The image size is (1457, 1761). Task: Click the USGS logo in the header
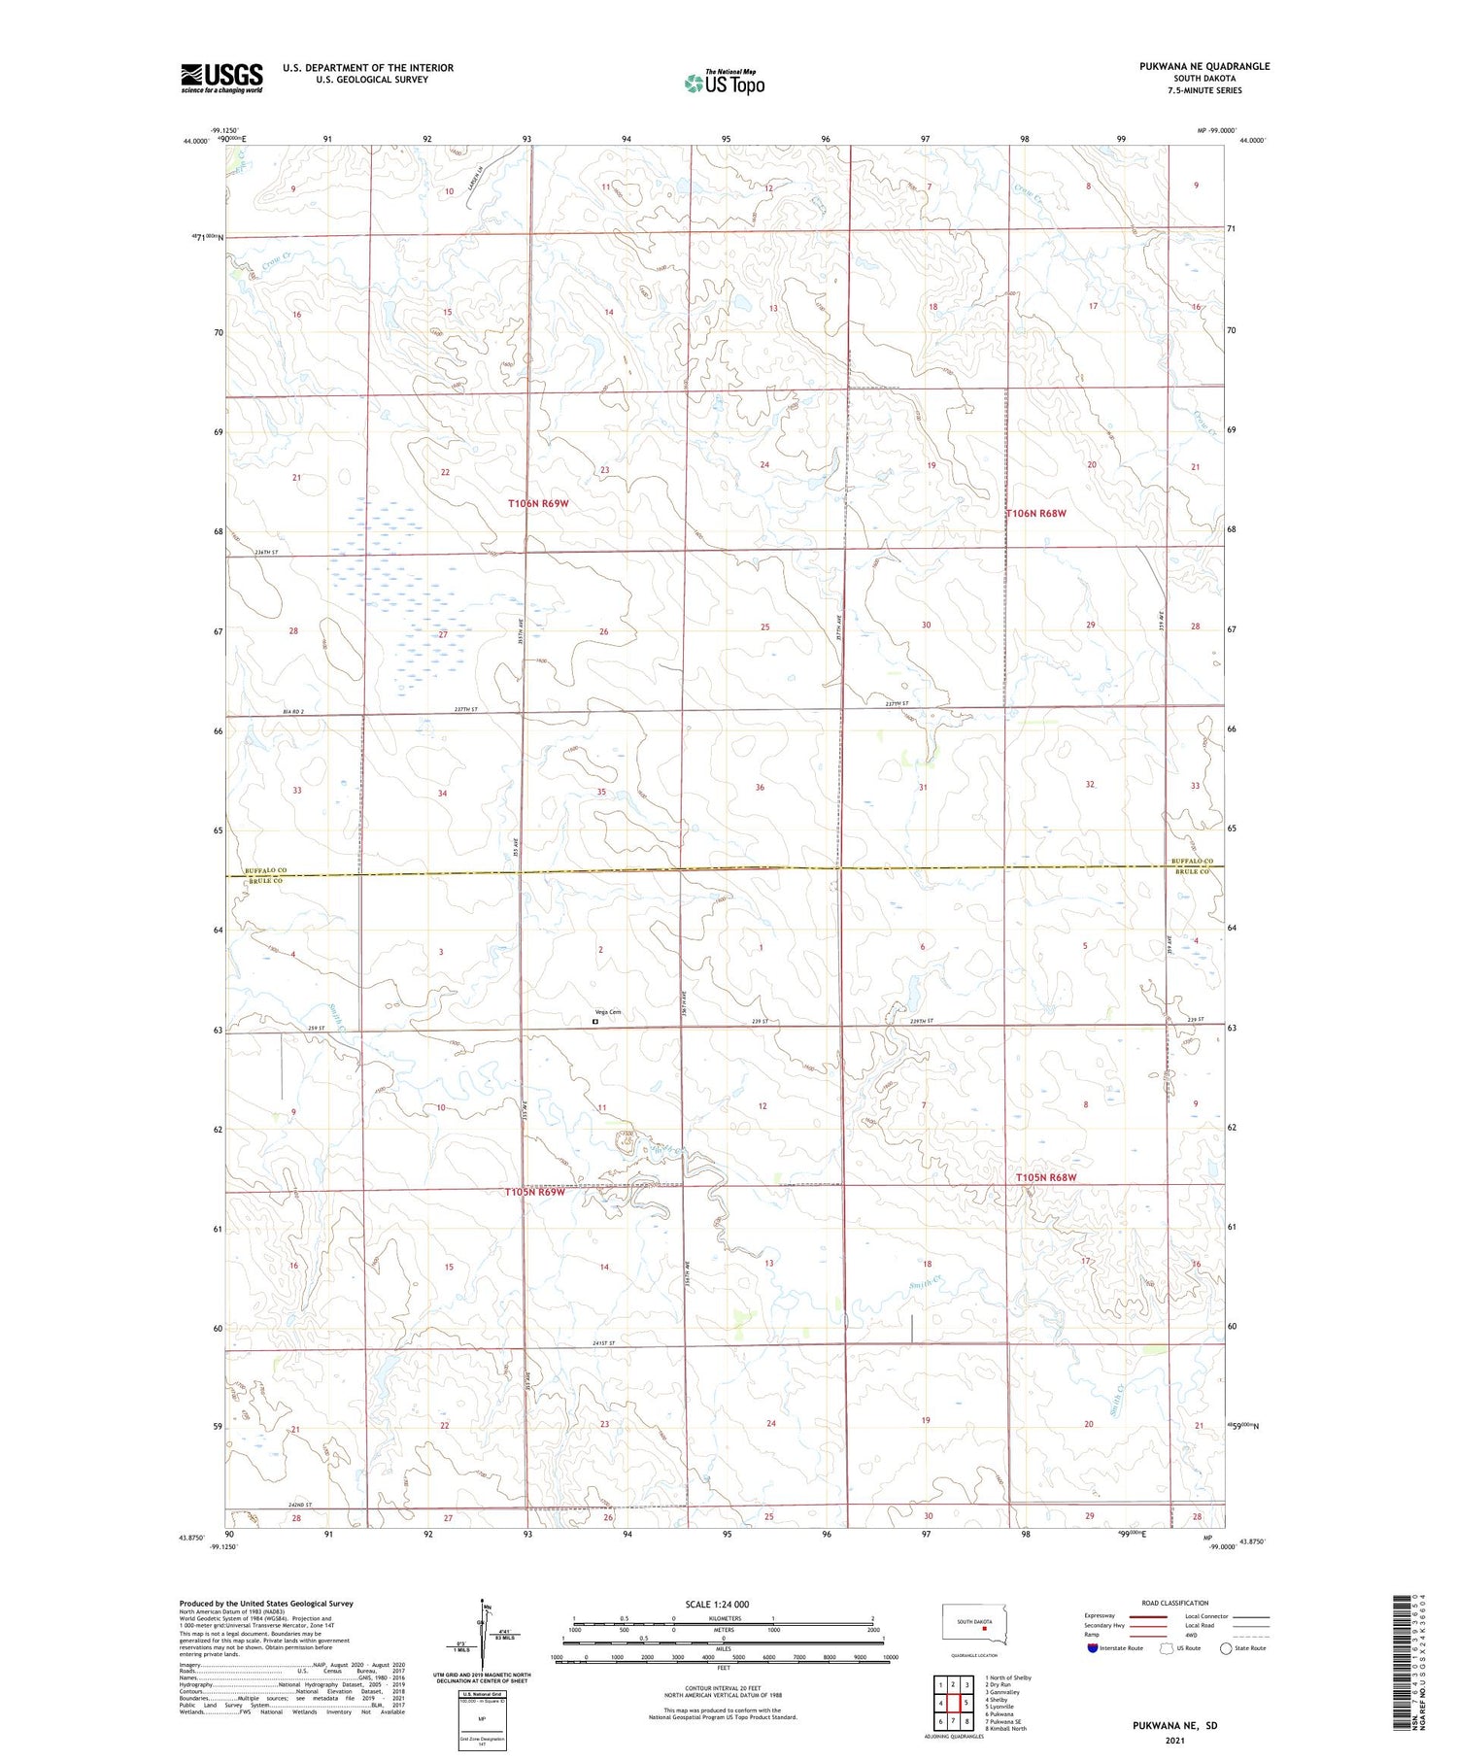(221, 78)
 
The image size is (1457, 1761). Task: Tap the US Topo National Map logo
(724, 83)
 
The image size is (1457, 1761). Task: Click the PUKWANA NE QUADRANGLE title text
(1203, 66)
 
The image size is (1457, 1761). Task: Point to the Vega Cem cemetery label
(608, 1012)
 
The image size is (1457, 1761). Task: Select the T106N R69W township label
(537, 504)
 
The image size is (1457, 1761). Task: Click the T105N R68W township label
(1046, 1177)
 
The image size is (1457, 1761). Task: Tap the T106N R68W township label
(1035, 513)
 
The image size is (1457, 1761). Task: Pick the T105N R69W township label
(534, 1192)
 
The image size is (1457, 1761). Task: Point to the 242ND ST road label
(305, 1506)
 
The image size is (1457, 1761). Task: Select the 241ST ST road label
(603, 1343)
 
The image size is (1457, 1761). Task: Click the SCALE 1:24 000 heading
(717, 1604)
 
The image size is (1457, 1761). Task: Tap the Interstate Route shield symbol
(1092, 1647)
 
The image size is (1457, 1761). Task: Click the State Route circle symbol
(1226, 1647)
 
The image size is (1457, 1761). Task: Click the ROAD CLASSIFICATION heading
(1174, 1603)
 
